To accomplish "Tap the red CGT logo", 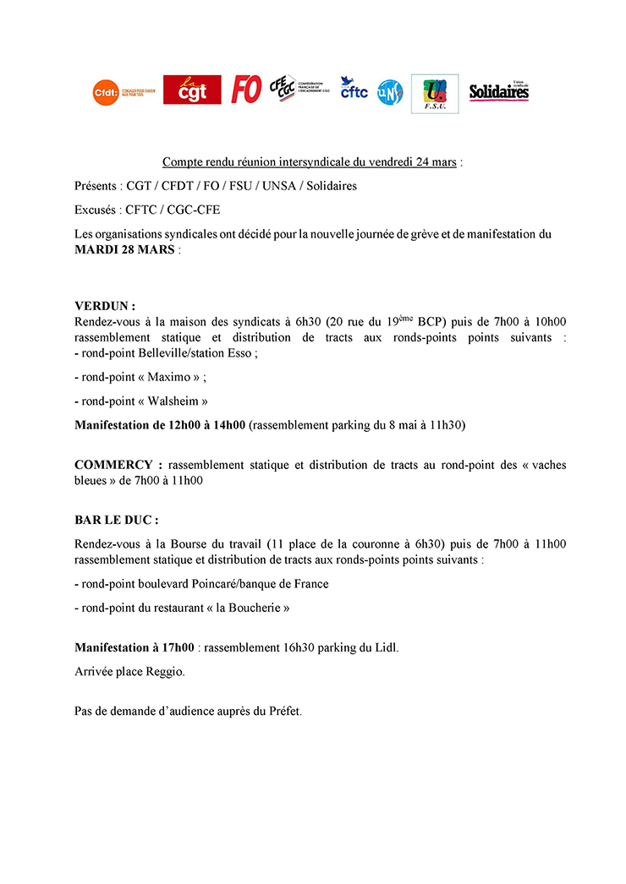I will click(192, 90).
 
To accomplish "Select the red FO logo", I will click(246, 90).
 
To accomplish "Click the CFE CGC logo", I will click(283, 88).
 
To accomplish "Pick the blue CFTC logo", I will click(354, 88).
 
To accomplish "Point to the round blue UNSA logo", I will click(390, 90).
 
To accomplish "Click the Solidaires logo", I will click(499, 91).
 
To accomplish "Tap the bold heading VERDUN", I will click(105, 306).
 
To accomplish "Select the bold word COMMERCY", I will click(118, 465).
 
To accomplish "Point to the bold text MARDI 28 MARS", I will click(125, 251).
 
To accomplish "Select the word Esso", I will click(241, 353).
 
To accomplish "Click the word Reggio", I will click(165, 672).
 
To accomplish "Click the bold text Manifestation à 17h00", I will click(135, 648).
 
